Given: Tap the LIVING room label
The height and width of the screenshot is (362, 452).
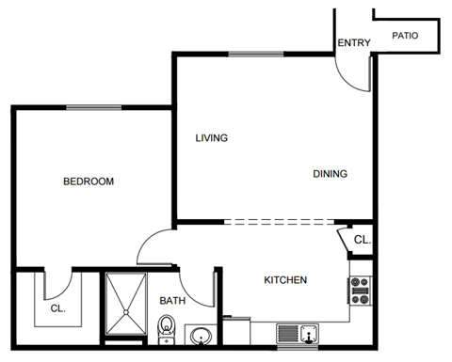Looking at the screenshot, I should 212,138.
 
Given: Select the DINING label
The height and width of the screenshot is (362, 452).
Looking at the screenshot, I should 330,173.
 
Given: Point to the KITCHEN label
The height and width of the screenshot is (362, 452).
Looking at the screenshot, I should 284,280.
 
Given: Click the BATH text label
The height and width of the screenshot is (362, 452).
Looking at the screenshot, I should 172,301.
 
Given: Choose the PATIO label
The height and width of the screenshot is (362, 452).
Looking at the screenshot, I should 405,36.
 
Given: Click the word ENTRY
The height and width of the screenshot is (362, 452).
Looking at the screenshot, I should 354,42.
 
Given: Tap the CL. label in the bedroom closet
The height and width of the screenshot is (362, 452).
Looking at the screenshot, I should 57,307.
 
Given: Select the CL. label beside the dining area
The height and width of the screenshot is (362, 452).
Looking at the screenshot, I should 362,241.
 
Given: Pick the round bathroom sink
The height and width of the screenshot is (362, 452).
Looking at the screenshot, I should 199,336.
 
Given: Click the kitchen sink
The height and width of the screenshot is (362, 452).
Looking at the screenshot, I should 298,333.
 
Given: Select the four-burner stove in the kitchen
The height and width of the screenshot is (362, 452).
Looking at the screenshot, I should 361,291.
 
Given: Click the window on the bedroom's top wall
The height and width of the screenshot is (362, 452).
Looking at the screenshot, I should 93,107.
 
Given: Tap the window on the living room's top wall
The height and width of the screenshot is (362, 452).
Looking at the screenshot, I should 256,54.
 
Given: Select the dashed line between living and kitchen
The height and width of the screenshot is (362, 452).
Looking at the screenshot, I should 280,223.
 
